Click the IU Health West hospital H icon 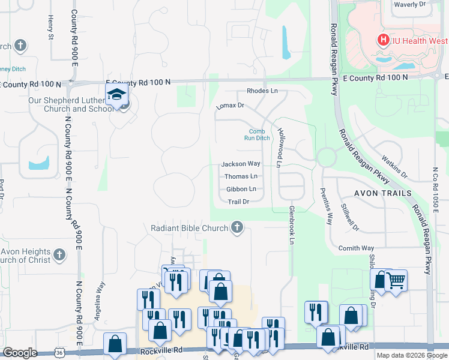(382, 41)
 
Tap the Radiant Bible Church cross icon (237, 227)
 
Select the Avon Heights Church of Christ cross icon (59, 256)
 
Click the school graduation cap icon (116, 94)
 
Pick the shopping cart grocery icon (396, 280)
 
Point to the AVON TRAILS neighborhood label (382, 193)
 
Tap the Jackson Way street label (241, 164)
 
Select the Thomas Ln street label (241, 176)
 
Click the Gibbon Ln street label (241, 189)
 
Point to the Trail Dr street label (238, 202)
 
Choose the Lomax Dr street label (230, 106)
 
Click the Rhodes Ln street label (262, 91)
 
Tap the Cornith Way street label (356, 248)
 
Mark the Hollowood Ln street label (279, 147)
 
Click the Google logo (20, 353)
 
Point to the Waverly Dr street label (409, 4)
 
